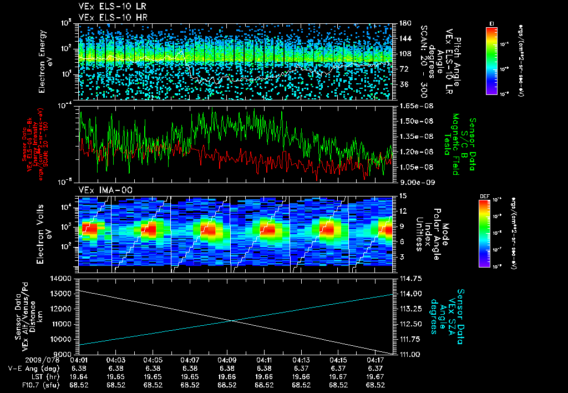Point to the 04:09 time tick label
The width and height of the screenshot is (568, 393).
click(x=227, y=360)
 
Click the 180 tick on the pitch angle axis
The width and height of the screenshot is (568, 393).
click(x=404, y=23)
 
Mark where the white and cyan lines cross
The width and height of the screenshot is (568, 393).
click(x=232, y=320)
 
